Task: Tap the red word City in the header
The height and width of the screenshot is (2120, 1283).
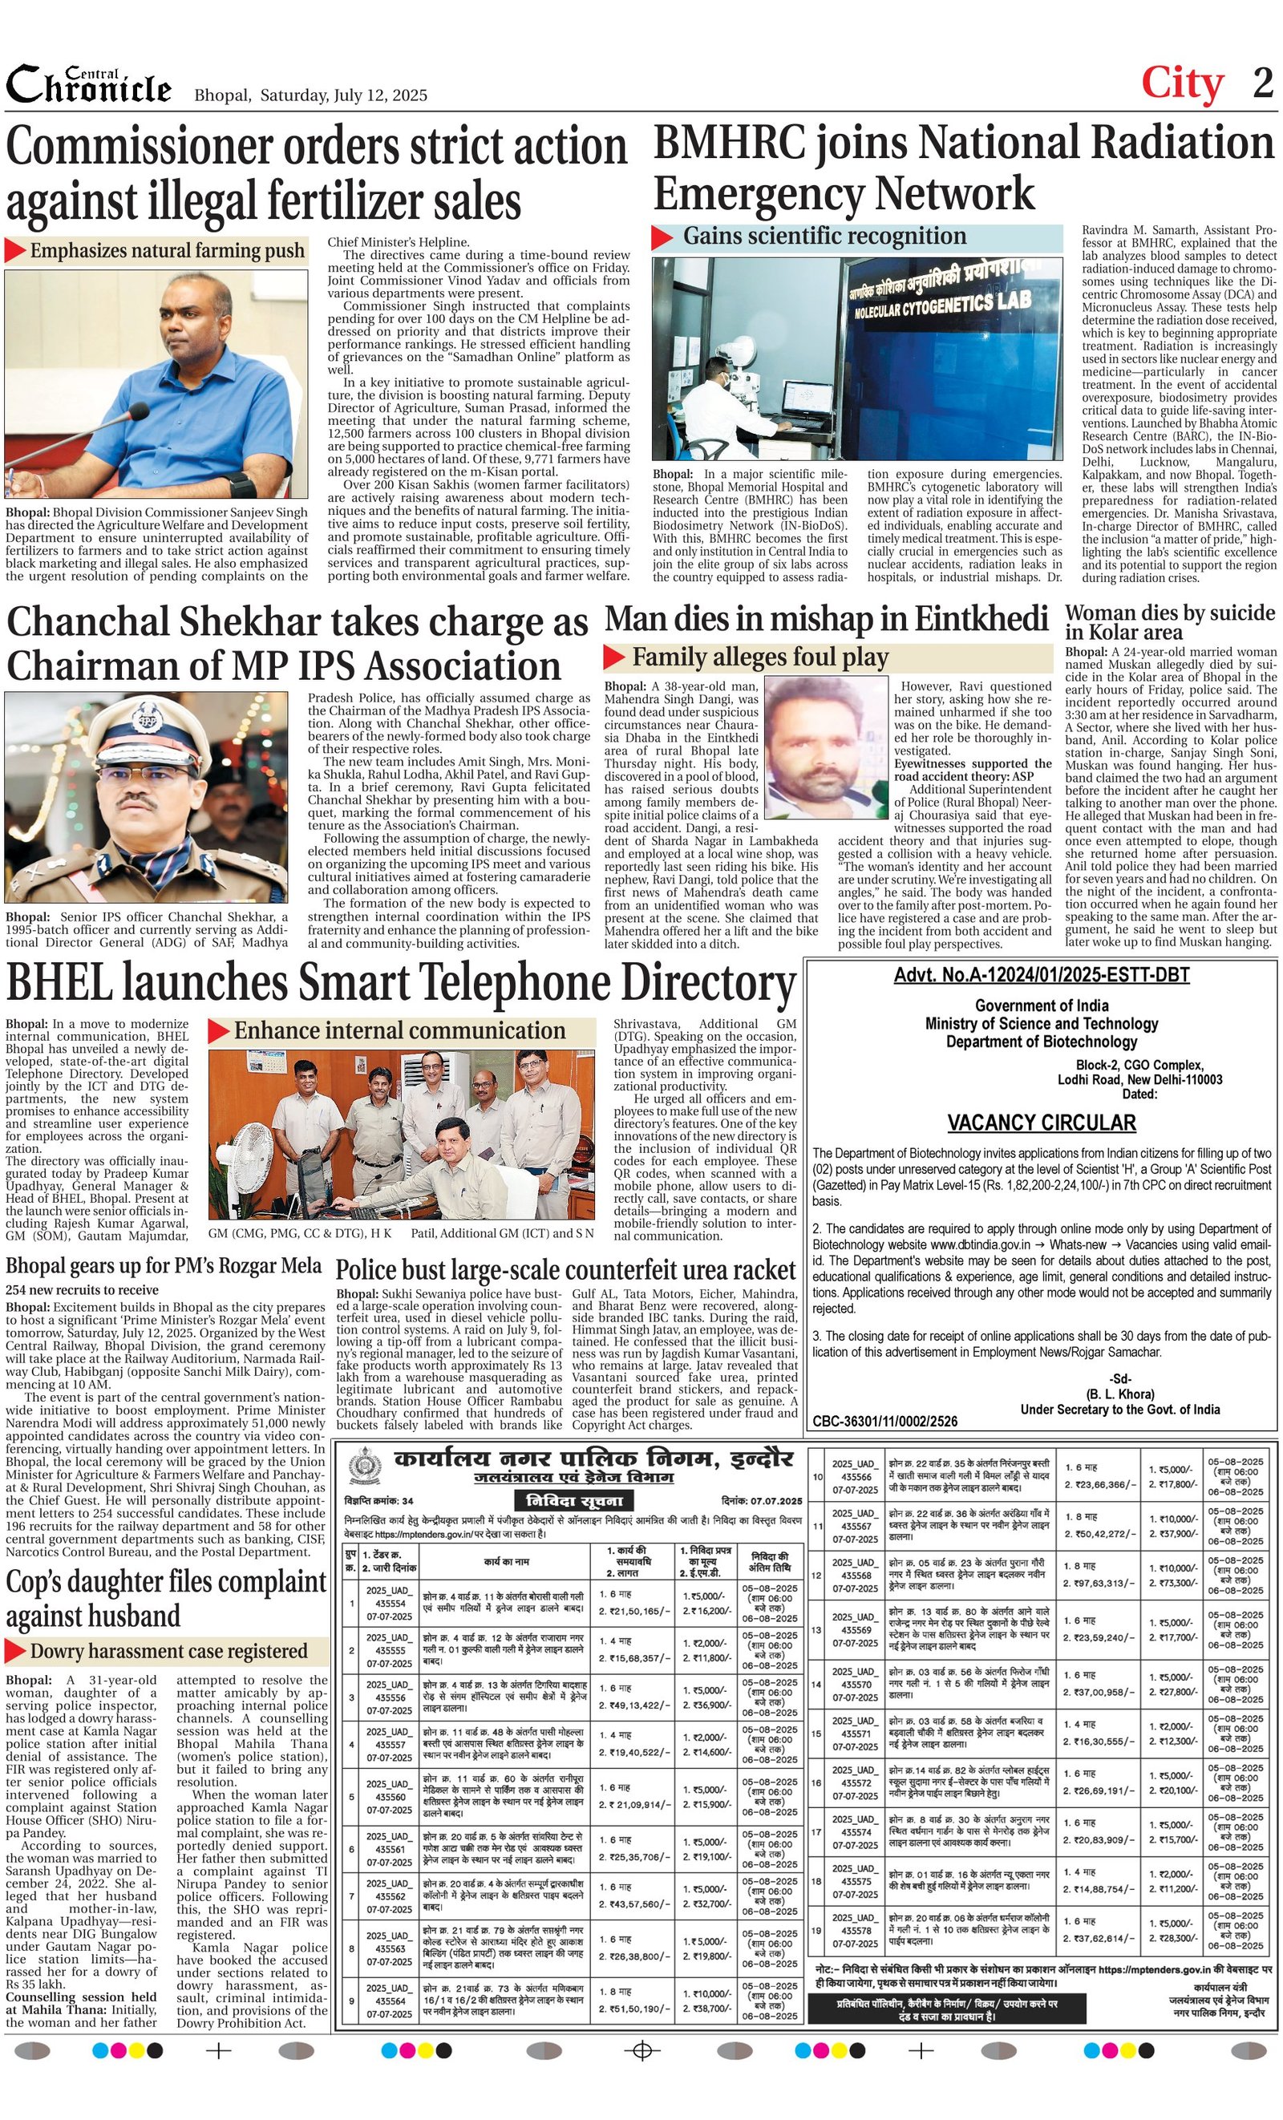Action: click(1181, 84)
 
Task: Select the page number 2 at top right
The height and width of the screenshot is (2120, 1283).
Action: click(1262, 83)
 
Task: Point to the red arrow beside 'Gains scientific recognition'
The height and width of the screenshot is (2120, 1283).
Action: click(662, 237)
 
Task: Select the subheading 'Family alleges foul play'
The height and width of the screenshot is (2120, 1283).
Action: click(760, 657)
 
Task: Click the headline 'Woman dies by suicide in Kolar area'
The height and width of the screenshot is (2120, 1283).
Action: click(1169, 622)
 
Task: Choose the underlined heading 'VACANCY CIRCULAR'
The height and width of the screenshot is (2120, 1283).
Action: click(1041, 1123)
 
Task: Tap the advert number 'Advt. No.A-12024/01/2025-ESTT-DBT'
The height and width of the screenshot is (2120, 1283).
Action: click(1041, 975)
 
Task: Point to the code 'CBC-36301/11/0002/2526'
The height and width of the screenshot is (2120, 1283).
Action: click(884, 1422)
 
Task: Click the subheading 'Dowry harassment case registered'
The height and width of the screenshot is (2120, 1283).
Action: click(168, 1651)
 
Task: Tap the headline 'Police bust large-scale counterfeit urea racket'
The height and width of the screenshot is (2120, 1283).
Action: click(565, 1271)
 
